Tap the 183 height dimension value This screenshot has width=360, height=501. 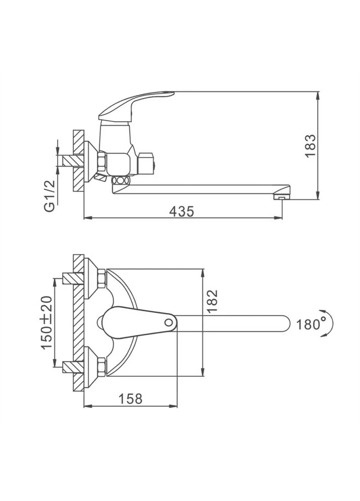pyautogui.click(x=310, y=145)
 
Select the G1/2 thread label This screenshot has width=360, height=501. pyautogui.click(x=50, y=196)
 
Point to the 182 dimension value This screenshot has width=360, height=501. pyautogui.click(x=212, y=300)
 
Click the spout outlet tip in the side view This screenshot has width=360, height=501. pyautogui.click(x=281, y=198)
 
